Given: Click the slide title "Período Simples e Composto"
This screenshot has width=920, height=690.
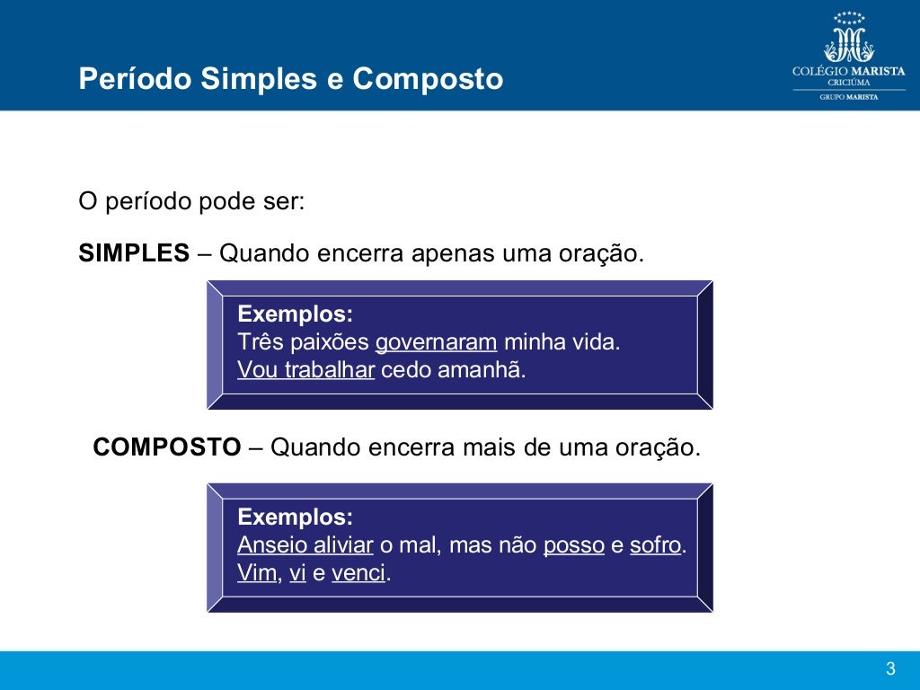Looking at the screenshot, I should point(290,79).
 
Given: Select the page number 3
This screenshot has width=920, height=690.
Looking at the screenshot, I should point(890,668).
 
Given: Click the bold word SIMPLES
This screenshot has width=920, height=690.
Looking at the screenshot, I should point(134,253).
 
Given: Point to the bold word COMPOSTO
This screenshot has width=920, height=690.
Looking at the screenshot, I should point(167,447).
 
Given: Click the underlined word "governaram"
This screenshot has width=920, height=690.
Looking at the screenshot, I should point(436,342).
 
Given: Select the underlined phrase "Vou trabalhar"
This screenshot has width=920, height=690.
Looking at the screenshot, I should point(305,370).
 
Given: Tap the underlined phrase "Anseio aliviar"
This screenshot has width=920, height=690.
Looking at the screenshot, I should point(305,545).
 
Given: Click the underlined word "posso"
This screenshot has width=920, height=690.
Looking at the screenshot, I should point(573,545).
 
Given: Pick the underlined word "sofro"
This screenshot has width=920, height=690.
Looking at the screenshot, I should point(656,545).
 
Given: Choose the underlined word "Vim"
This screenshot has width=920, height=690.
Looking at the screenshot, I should point(257,573).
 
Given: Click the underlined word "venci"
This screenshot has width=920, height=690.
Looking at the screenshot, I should point(358,573).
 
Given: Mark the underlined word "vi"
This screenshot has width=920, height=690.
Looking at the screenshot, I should point(297,573).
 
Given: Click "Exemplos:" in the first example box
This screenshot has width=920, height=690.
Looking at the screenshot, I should point(295,314).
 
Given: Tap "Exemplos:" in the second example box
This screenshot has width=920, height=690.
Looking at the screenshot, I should point(295,517).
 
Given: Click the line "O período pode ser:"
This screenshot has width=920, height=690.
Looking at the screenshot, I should point(192,201).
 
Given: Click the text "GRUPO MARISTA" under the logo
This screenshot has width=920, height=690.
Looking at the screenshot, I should point(848,97).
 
